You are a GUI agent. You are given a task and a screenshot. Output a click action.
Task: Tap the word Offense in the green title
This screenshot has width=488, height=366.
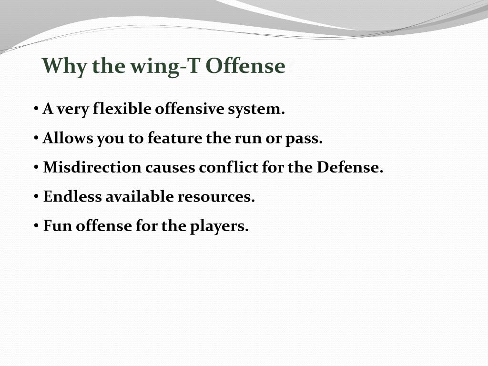(245, 66)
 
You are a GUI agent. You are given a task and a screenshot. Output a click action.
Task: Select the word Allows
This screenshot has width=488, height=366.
(68, 138)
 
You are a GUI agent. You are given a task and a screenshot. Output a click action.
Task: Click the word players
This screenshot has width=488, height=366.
(219, 226)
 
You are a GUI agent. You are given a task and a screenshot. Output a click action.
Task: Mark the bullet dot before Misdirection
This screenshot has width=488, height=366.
(37, 168)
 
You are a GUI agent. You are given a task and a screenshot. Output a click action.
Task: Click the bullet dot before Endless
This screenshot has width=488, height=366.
(37, 197)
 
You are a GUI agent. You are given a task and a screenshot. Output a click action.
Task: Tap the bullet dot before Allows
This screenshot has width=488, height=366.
(37, 139)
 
